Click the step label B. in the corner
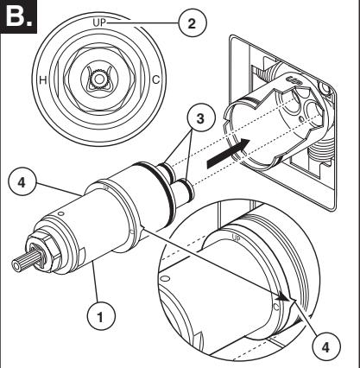(18, 16)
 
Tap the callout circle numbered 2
(193, 23)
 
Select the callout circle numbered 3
(200, 118)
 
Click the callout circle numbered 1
(101, 318)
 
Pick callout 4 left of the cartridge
(22, 183)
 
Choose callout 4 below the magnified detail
(325, 347)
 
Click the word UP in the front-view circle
(99, 22)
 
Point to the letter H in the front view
(43, 79)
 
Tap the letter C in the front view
(155, 79)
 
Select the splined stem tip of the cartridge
(22, 262)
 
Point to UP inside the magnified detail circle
(236, 238)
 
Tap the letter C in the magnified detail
(276, 308)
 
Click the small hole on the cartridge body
(60, 213)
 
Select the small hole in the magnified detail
(166, 279)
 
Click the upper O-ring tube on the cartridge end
(167, 170)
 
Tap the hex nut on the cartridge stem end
(44, 250)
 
